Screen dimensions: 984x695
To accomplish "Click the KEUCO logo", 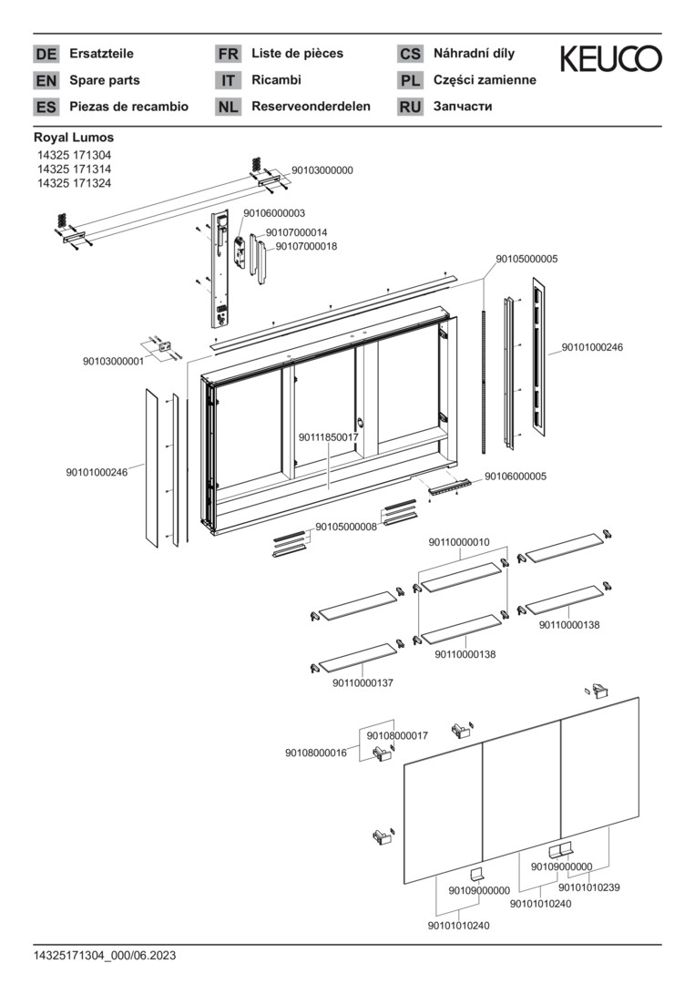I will coord(609,59).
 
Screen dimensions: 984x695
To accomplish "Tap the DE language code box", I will coord(46,54).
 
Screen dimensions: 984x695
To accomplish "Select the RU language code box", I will coord(410,107).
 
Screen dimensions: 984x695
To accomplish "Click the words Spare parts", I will coord(104,80).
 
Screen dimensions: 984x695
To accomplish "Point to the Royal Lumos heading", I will coord(74,138).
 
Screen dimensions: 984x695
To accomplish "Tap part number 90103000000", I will coord(322,170).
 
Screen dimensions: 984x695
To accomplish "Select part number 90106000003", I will coord(274,213).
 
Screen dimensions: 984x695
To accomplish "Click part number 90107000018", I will coord(306,246).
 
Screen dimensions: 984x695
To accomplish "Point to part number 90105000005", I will coord(526,259).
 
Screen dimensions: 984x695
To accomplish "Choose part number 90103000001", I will coord(113,361).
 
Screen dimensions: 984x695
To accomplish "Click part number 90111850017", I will coord(329,437).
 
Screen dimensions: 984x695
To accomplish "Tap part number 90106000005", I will coord(516,476).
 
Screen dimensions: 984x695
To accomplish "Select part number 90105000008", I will coord(346,527).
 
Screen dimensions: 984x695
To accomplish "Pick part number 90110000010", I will coord(459,542).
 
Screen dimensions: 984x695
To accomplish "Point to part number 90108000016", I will coord(316,753).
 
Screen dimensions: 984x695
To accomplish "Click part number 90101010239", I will coord(589,887).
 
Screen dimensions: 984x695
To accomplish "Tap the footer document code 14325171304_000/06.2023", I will coord(105,956).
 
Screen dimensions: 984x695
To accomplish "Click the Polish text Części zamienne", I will coord(485,80).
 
